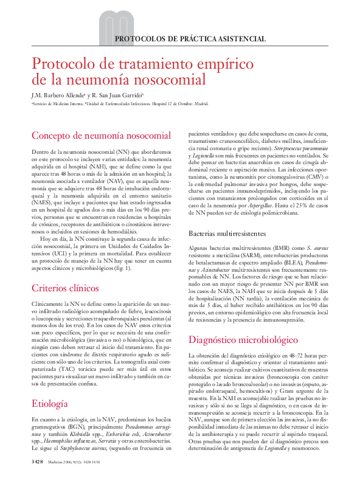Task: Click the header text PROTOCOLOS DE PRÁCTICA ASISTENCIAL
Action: pyautogui.click(x=190, y=39)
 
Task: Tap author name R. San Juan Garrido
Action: pyautogui.click(x=118, y=95)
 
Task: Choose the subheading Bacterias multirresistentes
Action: pyautogui.click(x=227, y=233)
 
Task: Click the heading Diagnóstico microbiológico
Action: pyautogui.click(x=252, y=339)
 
